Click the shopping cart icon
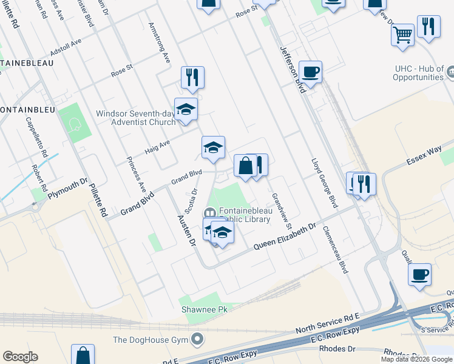(x=402, y=35)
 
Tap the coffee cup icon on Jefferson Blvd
(x=310, y=72)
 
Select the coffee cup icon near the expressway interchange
(x=419, y=274)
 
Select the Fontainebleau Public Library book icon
(x=209, y=213)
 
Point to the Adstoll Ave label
(x=66, y=53)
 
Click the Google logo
(x=20, y=357)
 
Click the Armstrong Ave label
(x=160, y=44)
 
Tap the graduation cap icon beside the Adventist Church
(x=186, y=109)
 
